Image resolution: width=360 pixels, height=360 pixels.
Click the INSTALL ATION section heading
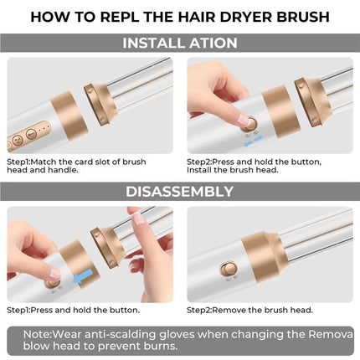click(x=179, y=43)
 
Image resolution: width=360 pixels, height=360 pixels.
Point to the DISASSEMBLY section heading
click(x=179, y=192)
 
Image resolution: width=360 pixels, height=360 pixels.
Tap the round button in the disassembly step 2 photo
click(x=226, y=270)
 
